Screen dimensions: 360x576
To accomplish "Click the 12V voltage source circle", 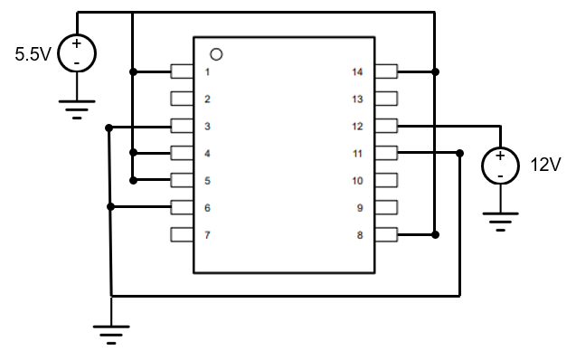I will pos(500,166).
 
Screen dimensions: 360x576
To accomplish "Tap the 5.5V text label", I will pos(33,53).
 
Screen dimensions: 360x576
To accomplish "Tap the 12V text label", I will pos(545,166).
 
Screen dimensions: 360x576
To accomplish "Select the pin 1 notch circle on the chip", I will pos(216,54).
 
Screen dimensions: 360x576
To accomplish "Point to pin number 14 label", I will pos(357,71).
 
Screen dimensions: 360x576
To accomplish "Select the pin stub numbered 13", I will pos(387,99).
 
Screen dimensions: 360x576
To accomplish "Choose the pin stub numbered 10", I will pos(387,181).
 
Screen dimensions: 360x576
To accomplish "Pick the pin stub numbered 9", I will pos(387,208).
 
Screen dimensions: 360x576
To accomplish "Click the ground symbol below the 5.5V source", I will pos(77,109).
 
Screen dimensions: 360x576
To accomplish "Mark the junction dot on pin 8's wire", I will pos(436,235).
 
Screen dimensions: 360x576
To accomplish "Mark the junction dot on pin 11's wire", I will pos(459,153).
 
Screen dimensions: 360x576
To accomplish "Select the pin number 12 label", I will pos(357,126).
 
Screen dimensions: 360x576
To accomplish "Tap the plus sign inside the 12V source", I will pos(500,156).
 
